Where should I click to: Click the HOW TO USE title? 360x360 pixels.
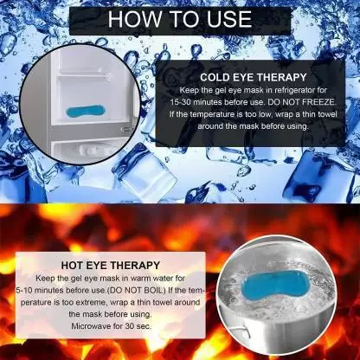pyautogui.click(x=180, y=18)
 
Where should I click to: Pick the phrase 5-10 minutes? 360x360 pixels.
pyautogui.click(x=74, y=289)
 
